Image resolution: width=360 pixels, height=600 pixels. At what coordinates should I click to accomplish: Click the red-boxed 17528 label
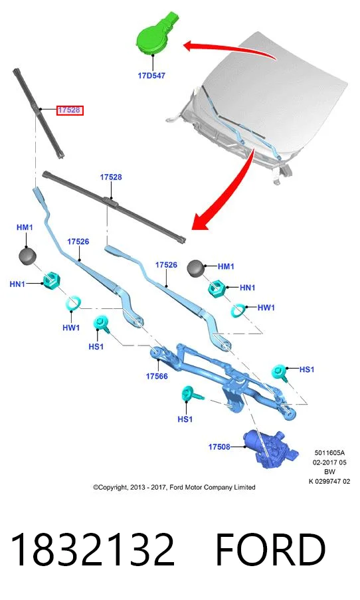click(70, 110)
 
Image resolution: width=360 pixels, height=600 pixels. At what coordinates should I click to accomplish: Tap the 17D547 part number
click(151, 76)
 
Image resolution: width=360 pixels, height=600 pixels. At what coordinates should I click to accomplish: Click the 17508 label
click(219, 447)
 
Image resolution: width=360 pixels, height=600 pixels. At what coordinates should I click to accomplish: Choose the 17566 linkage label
click(157, 376)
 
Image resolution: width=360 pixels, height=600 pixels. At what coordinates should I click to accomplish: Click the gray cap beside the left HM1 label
click(27, 255)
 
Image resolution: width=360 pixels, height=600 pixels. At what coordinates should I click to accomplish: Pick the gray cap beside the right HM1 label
click(196, 268)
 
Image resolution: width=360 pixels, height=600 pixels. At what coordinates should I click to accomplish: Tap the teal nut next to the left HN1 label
click(51, 281)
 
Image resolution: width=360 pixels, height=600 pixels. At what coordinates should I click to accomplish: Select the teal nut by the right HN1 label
click(216, 288)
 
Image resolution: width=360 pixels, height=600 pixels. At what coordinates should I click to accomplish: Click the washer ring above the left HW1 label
click(73, 303)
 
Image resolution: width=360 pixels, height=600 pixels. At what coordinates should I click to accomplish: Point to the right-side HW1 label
click(266, 307)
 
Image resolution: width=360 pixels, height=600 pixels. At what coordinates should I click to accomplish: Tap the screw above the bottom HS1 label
click(191, 394)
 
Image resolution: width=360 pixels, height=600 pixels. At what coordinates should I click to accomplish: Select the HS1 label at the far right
click(306, 369)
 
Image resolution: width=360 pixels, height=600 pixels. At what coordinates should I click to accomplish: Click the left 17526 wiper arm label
click(78, 241)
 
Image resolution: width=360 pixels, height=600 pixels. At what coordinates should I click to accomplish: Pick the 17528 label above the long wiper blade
click(111, 177)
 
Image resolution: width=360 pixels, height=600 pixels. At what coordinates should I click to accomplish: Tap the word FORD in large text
click(271, 550)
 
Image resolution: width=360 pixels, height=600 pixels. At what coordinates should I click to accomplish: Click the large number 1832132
click(92, 550)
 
